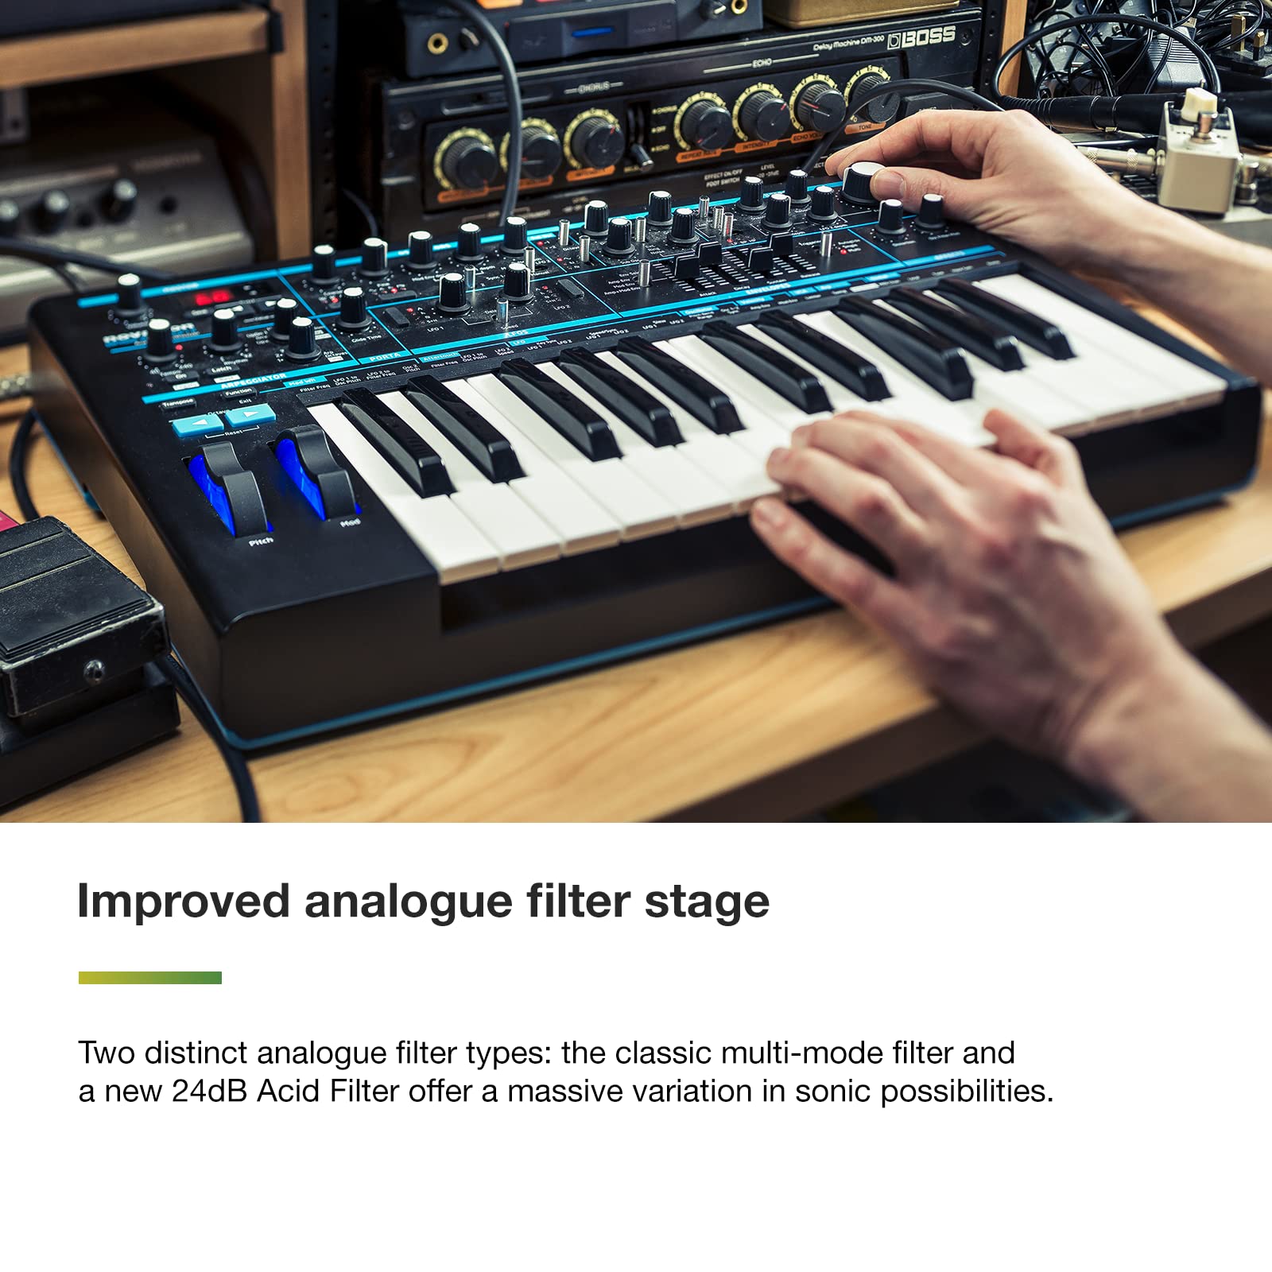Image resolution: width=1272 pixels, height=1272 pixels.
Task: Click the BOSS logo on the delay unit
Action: (922, 37)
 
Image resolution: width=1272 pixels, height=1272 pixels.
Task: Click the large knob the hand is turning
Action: (863, 182)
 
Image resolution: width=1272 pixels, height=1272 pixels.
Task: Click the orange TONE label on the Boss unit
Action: (865, 127)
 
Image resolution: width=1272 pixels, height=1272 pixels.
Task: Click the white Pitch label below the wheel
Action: (261, 541)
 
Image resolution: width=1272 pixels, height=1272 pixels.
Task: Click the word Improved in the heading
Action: (183, 902)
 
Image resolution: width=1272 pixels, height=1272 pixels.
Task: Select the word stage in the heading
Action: (707, 902)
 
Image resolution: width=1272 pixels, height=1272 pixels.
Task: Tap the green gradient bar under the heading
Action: (149, 977)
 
